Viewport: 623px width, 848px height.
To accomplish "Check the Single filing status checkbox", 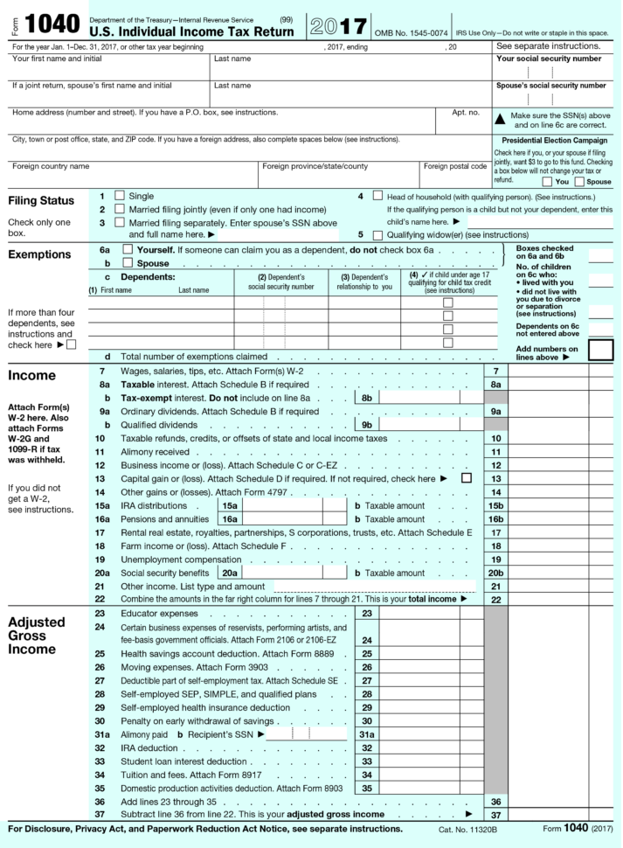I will (x=120, y=197).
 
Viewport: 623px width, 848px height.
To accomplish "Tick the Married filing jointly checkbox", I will (x=120, y=210).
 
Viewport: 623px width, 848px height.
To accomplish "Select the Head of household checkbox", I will (x=378, y=197).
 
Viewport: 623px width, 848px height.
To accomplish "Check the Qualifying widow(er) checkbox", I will (x=378, y=235).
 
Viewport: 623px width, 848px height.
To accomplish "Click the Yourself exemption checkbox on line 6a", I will (x=128, y=250).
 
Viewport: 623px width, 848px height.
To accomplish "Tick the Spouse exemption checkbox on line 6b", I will (x=128, y=263).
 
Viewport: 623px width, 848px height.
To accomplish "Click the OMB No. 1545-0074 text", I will (x=411, y=32).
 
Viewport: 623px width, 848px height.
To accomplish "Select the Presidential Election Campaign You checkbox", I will (x=547, y=182).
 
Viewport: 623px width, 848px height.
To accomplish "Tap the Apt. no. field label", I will (x=466, y=113).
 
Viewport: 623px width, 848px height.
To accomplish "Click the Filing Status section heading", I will (x=41, y=201).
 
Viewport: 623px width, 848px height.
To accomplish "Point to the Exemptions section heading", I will (x=40, y=255).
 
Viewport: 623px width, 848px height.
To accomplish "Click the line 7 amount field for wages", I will (x=548, y=372).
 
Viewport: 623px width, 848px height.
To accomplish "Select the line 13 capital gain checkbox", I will (x=466, y=478).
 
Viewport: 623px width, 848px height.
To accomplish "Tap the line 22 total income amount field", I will (x=548, y=599).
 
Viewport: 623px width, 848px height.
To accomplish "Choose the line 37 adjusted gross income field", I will (x=548, y=814).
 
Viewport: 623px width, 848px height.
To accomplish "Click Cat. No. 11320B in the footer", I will (x=467, y=829).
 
